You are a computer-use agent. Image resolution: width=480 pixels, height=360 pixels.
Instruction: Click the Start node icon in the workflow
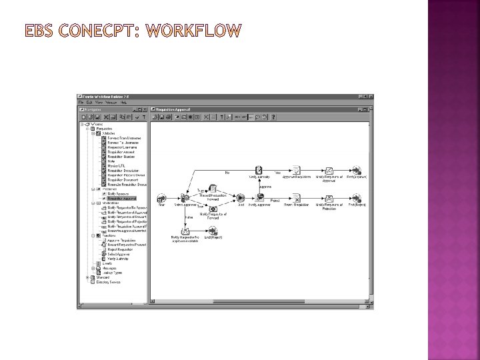(x=161, y=198)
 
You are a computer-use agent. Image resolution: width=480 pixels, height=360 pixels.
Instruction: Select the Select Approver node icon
(x=184, y=198)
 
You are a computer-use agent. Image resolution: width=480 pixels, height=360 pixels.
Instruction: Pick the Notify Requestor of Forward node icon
(x=213, y=209)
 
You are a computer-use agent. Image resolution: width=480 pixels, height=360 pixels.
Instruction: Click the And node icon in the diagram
(x=241, y=198)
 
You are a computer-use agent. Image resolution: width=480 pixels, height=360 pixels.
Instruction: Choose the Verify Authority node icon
(x=259, y=170)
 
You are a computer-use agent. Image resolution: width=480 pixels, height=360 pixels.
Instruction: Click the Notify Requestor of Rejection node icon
(x=329, y=198)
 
